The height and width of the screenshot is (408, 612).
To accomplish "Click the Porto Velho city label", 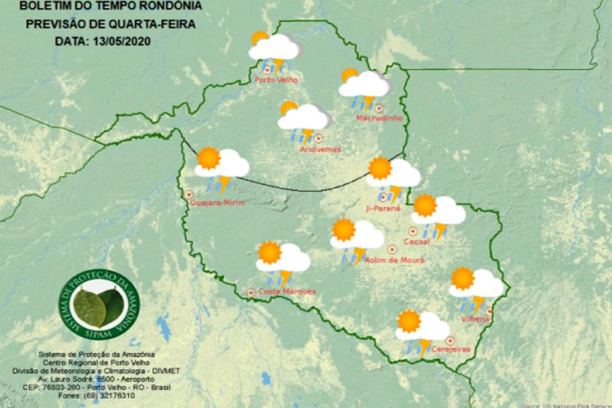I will [275, 80].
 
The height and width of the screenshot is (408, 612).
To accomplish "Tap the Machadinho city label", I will [374, 119].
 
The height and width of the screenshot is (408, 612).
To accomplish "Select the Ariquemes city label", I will [320, 149].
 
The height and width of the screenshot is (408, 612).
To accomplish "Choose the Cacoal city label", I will [417, 242].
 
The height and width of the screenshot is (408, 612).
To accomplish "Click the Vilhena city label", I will [477, 318].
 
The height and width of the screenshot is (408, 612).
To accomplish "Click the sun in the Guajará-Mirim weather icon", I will [208, 157].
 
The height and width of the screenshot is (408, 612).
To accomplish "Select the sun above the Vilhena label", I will [462, 279].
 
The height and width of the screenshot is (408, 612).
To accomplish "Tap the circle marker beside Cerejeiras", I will [451, 340].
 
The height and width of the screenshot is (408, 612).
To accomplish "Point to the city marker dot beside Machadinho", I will [379, 108].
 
